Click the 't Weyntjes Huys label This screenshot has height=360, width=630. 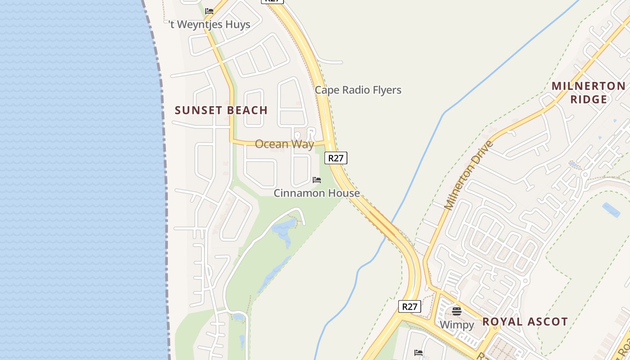[x=210, y=24]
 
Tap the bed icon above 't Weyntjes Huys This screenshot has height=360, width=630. [x=209, y=11]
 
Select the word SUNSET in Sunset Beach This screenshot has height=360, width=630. [x=196, y=110]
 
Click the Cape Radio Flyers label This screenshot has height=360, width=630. [x=358, y=90]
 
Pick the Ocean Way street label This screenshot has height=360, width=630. [x=284, y=144]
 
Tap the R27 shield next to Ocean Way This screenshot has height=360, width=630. [x=336, y=158]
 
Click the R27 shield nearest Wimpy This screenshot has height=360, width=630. [x=409, y=307]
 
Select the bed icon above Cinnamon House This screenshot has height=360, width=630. [x=317, y=180]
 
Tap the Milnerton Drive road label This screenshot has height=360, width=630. [x=468, y=175]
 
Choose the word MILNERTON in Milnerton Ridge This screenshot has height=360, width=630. [x=589, y=86]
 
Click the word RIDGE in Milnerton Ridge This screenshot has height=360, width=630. [x=589, y=99]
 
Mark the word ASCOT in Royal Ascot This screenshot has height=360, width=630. [x=548, y=322]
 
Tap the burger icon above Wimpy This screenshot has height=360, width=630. [x=457, y=311]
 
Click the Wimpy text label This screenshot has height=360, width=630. [x=457, y=325]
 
